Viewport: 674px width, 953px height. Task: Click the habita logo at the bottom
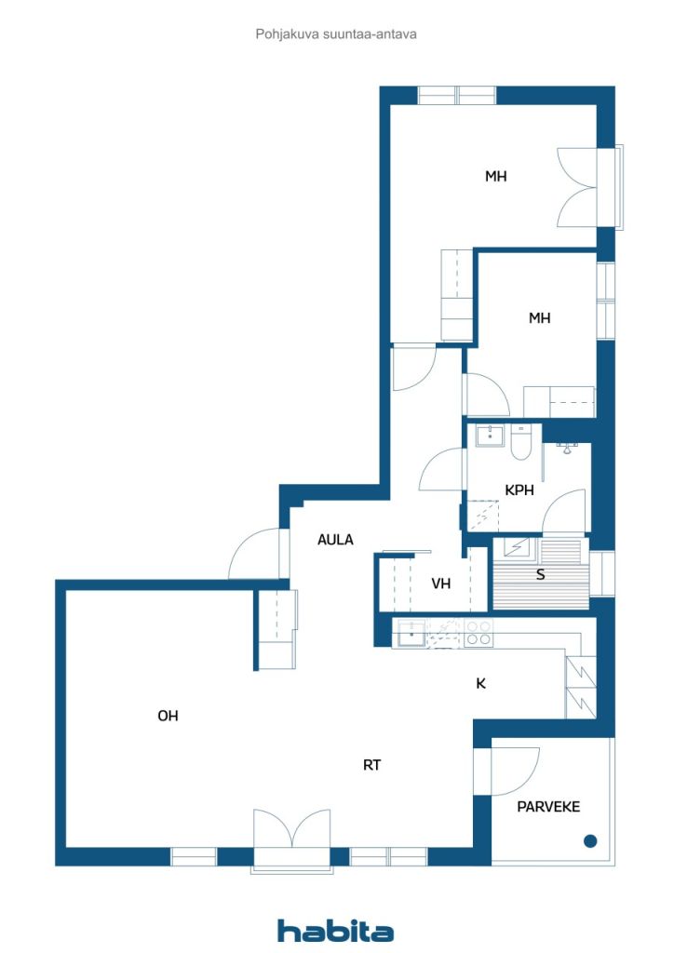[x=335, y=930]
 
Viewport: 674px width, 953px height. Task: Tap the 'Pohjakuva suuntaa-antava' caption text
[x=335, y=34]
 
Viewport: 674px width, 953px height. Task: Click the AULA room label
[x=335, y=539]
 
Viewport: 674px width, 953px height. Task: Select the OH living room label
[x=168, y=716]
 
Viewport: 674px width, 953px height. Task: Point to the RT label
[x=372, y=765]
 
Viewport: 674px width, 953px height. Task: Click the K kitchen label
[x=480, y=684]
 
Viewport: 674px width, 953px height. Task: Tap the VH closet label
[x=441, y=584]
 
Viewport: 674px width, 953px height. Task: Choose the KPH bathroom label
[x=519, y=490]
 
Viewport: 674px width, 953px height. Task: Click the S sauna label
[x=540, y=574]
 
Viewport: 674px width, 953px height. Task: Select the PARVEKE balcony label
[x=548, y=807]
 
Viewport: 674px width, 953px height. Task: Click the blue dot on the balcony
[x=590, y=841]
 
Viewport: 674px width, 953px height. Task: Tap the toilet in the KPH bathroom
[x=521, y=441]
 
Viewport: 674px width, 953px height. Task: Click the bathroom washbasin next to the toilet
[x=490, y=436]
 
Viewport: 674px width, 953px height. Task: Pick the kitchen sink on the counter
[x=411, y=633]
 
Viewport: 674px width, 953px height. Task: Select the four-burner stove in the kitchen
[x=479, y=633]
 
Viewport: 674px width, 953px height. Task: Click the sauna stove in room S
[x=516, y=547]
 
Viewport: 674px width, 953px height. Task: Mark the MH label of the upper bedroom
[x=496, y=176]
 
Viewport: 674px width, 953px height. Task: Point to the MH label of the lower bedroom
[x=540, y=318]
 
